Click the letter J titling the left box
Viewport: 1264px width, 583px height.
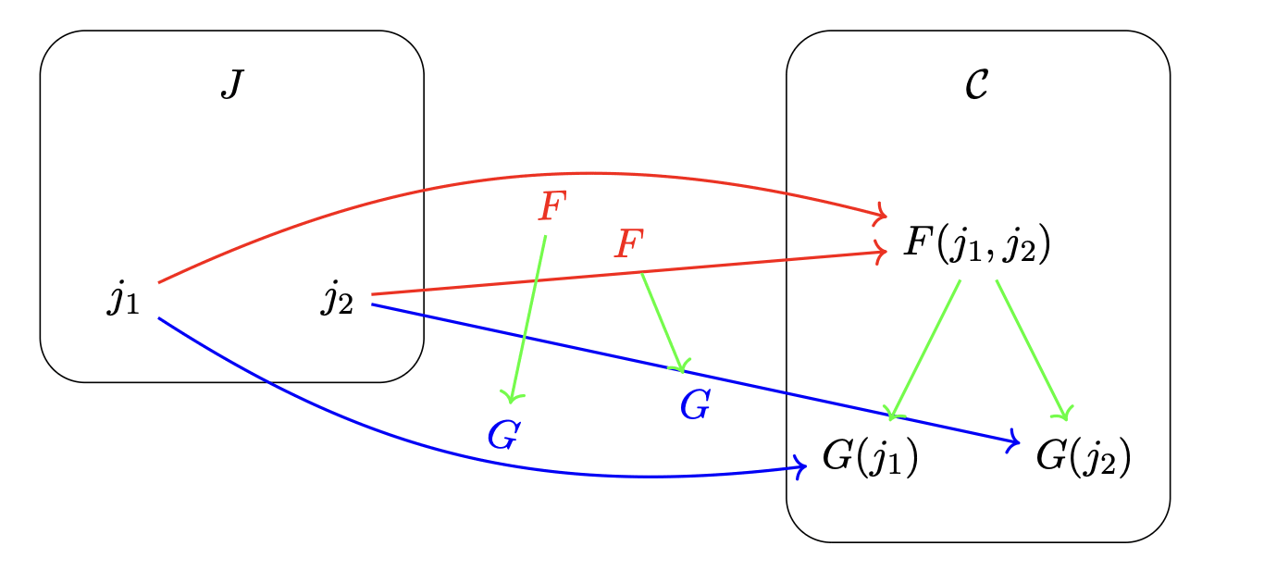point(231,86)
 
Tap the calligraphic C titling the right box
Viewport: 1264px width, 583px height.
point(977,86)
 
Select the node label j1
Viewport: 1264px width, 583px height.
point(124,300)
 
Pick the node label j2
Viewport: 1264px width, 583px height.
point(338,300)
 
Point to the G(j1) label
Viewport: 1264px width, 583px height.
point(869,458)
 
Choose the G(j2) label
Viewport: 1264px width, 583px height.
point(1083,458)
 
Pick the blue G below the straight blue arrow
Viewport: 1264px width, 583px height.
point(695,404)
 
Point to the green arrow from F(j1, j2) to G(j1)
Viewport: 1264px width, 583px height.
point(925,347)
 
